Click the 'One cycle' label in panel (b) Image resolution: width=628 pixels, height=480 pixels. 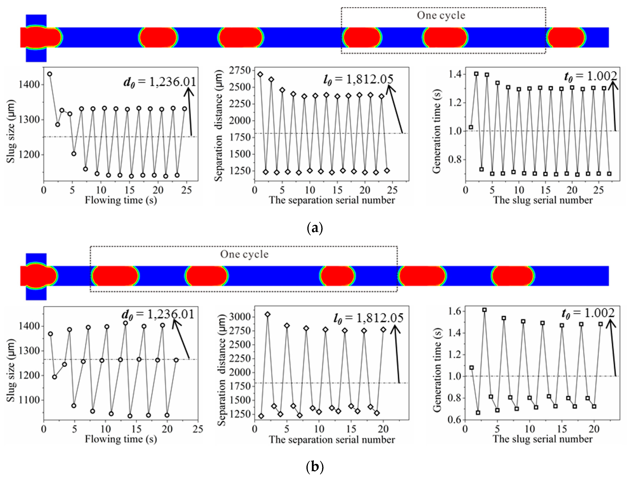click(244, 254)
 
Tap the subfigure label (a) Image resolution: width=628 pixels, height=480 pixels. click(314, 228)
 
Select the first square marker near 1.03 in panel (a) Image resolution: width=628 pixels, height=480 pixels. click(471, 127)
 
